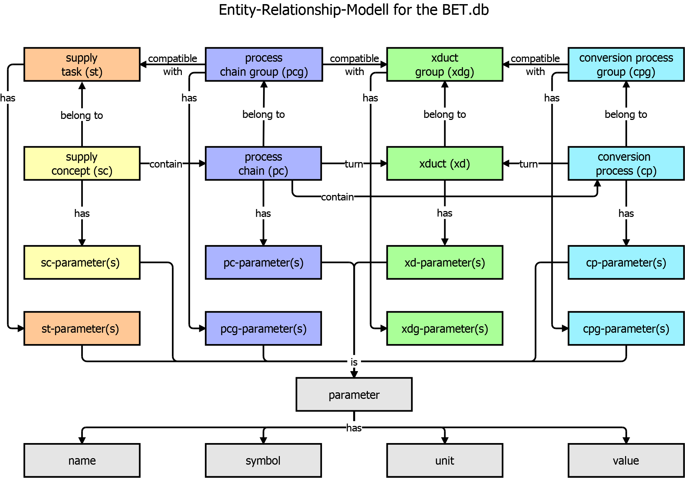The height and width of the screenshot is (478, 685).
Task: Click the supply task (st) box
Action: [x=82, y=64]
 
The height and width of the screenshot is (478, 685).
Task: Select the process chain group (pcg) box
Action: [x=264, y=64]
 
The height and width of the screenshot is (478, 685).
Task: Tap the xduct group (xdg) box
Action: [x=445, y=64]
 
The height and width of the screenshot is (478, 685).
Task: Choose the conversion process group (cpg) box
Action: [x=626, y=64]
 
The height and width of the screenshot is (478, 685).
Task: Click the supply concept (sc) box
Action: [x=82, y=163]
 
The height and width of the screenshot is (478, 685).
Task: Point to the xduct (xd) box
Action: [x=445, y=163]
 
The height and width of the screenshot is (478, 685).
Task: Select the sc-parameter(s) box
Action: [x=82, y=262]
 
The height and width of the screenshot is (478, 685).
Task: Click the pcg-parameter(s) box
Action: [x=263, y=328]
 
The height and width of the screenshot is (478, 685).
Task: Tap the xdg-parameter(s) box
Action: [x=445, y=328]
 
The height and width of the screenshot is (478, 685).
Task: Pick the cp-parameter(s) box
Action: [x=626, y=262]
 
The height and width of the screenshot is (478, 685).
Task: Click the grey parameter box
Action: [x=354, y=394]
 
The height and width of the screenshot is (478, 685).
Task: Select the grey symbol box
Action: [x=263, y=461]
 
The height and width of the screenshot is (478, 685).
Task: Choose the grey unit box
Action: [x=445, y=461]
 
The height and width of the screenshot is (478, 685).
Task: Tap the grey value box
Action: [x=626, y=461]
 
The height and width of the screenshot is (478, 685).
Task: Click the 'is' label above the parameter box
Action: [x=354, y=362]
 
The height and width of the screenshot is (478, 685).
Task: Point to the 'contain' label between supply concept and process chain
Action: [x=166, y=164]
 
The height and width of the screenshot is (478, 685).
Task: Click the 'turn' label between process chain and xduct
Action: [x=354, y=164]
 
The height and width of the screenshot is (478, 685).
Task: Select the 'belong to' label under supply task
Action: [x=82, y=115]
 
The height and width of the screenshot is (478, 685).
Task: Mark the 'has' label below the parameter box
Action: [x=354, y=428]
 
